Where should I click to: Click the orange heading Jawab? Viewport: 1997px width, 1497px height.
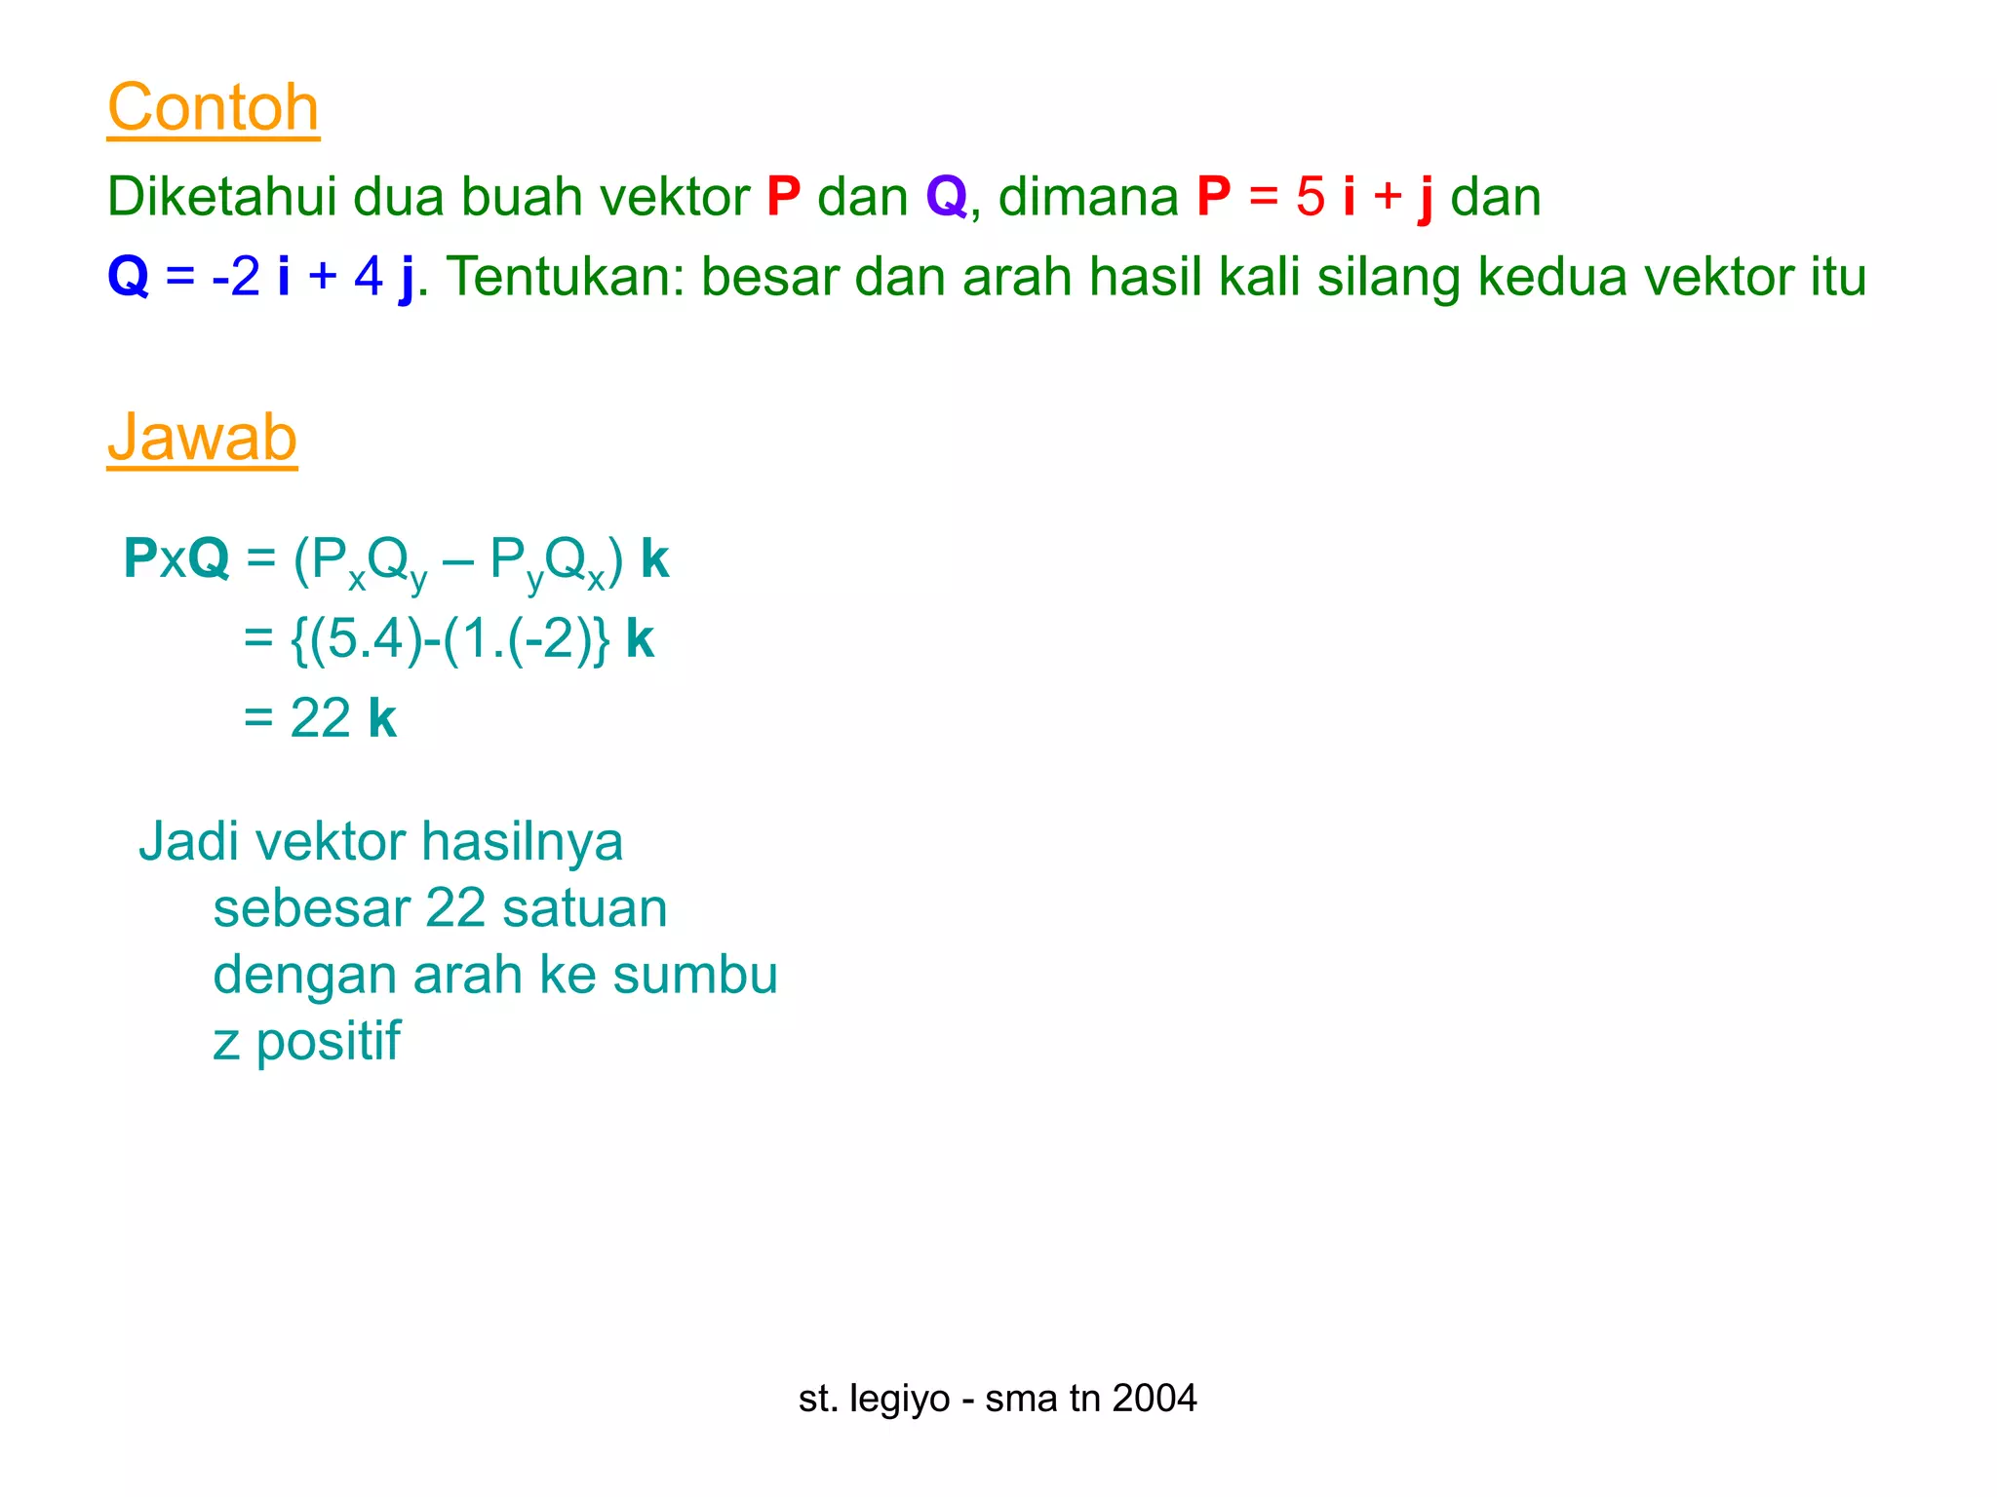202,438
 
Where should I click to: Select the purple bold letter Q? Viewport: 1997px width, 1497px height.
946,197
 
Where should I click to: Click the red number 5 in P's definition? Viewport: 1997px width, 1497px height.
1310,197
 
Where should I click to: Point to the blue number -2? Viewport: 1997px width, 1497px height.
235,277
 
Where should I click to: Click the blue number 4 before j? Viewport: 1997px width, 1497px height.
369,277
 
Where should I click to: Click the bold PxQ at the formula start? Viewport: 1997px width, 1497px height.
176,559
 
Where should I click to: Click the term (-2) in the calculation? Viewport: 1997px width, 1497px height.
545,640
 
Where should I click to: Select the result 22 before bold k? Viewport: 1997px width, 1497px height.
320,719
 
